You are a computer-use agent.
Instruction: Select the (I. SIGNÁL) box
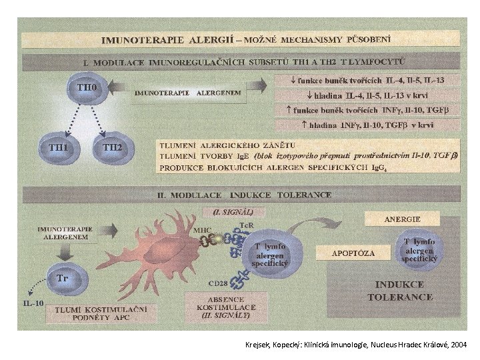point(229,212)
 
